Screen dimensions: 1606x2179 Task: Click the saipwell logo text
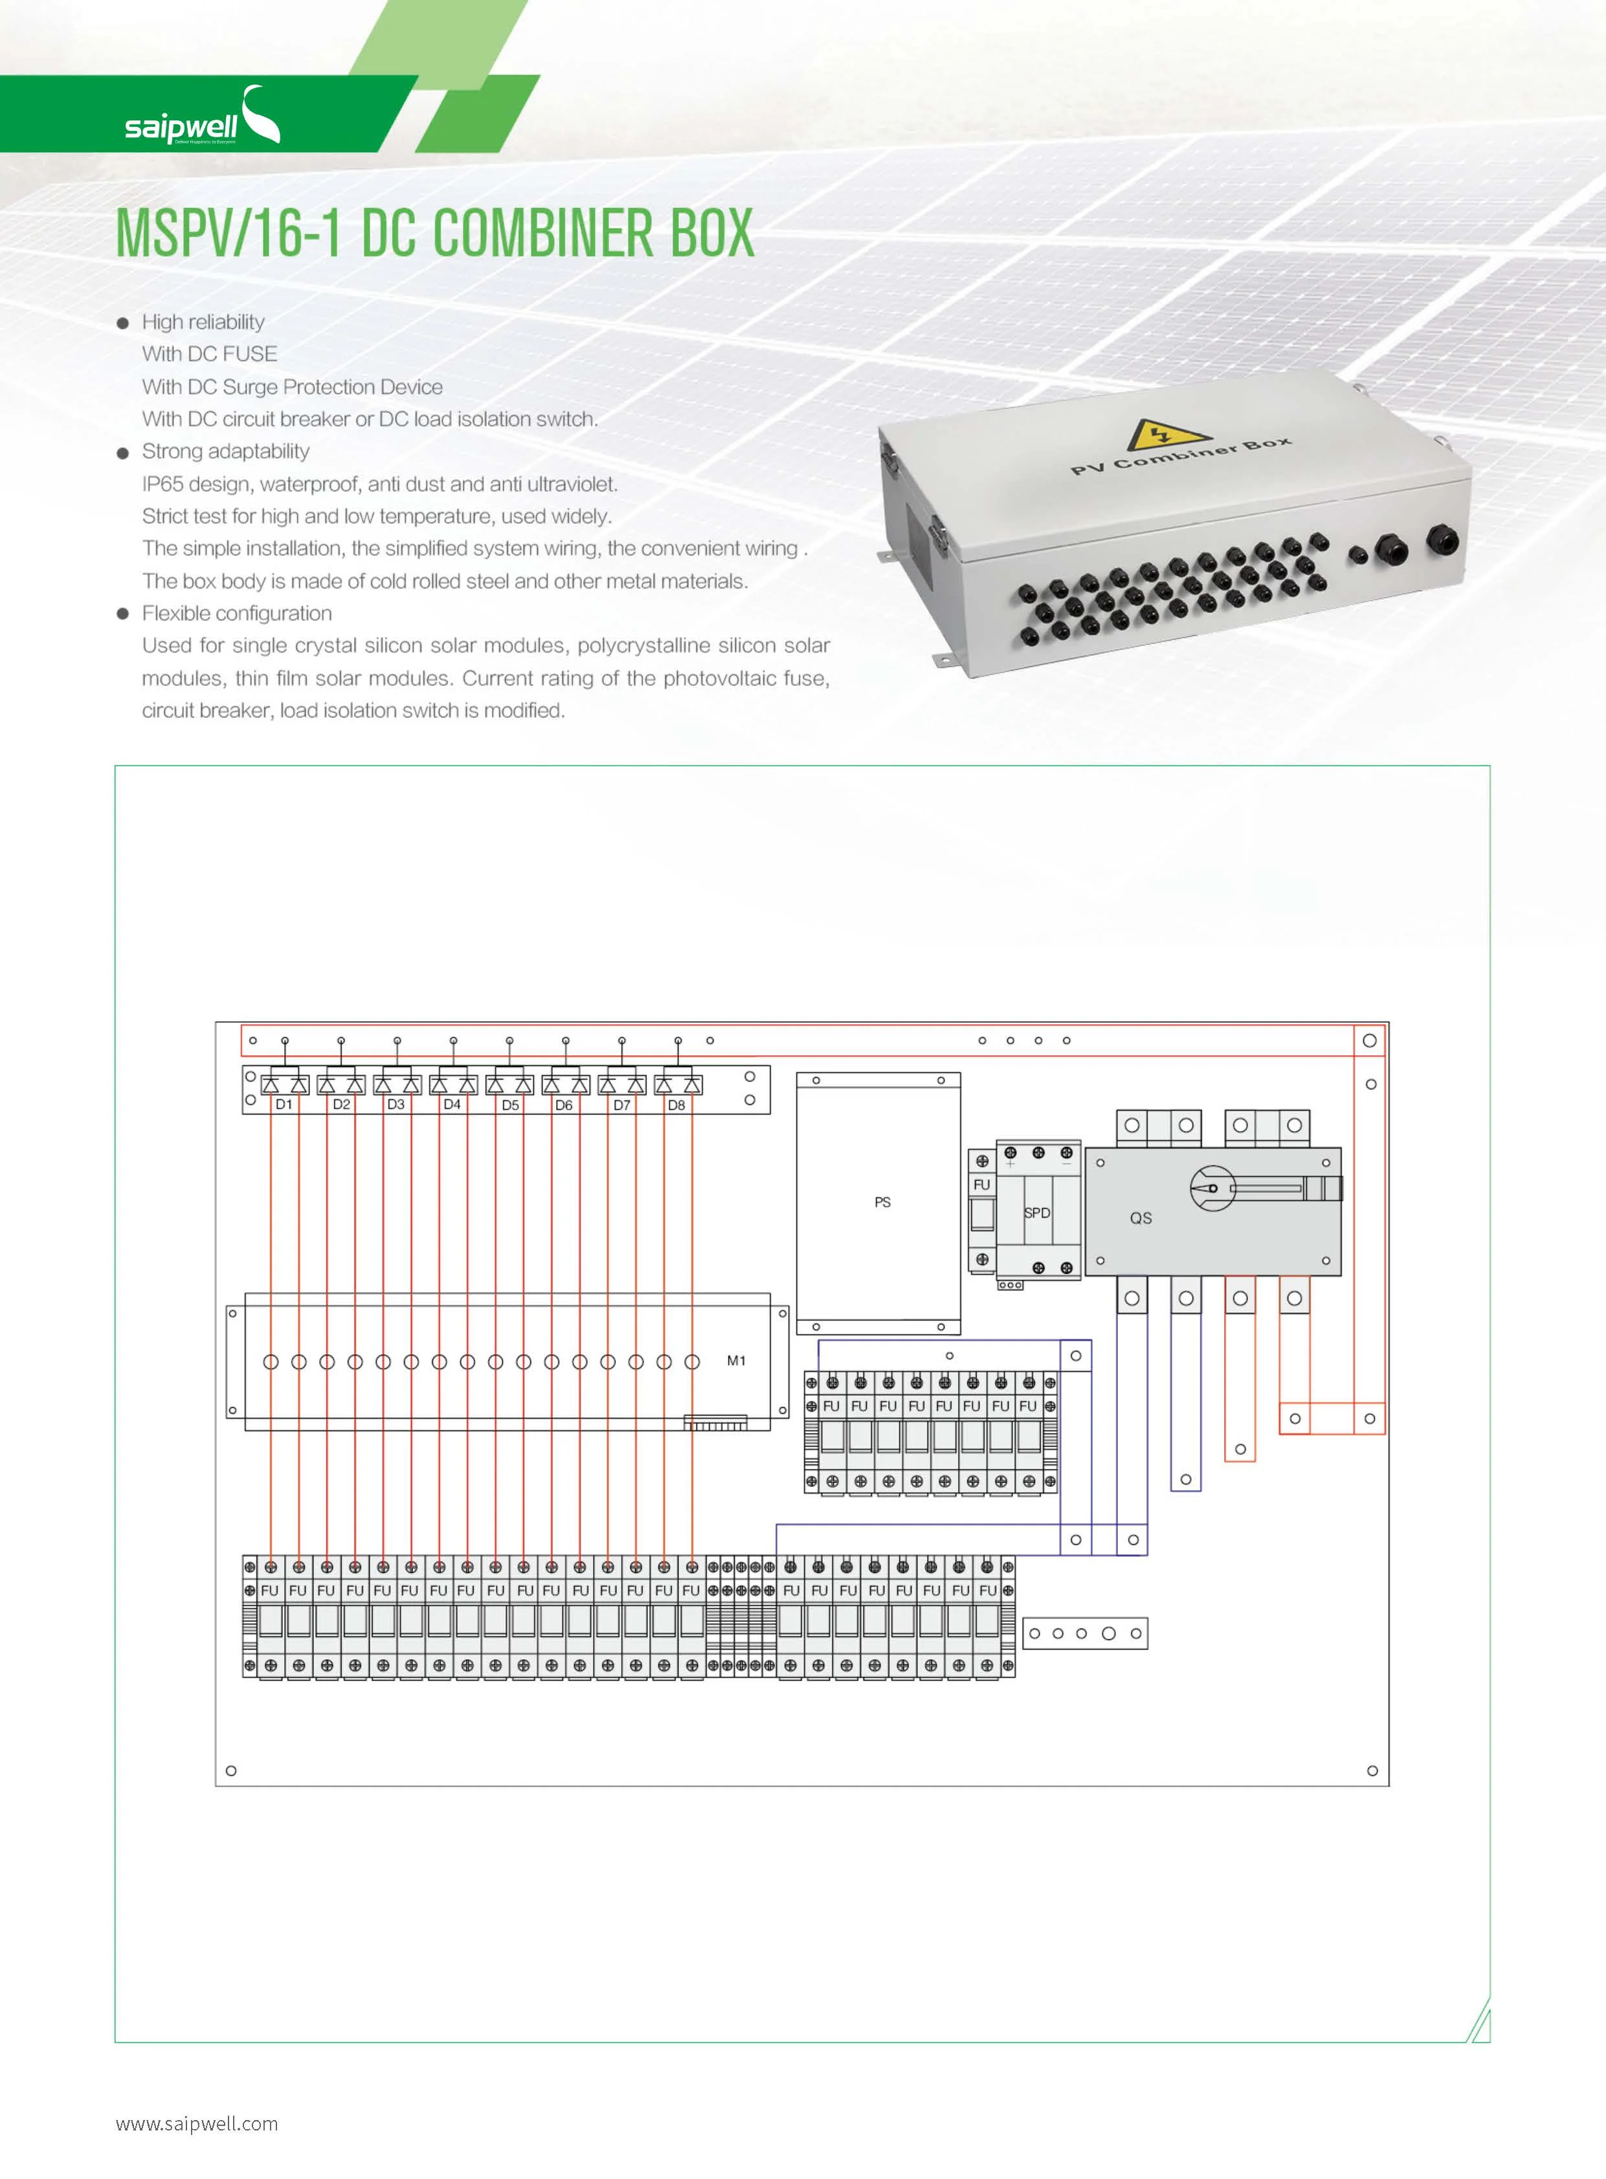coord(181,126)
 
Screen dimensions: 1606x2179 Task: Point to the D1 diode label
coord(284,1104)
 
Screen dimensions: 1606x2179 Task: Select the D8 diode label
coord(676,1104)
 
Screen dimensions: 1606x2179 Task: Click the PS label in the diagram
coord(882,1201)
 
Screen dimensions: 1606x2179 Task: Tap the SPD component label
coord(1037,1212)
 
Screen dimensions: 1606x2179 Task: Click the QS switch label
coord(1141,1218)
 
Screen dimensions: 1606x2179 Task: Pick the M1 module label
coord(736,1360)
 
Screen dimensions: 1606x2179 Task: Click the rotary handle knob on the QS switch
coord(1212,1188)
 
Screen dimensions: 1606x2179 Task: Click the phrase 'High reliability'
coord(203,322)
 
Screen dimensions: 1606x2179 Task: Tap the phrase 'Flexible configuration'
coord(237,612)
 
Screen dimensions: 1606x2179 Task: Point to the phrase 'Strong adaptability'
coord(225,451)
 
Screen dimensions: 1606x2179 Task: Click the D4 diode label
coord(452,1104)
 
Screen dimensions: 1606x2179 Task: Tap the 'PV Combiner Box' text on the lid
coord(1181,456)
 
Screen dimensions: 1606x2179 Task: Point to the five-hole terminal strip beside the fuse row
coord(1085,1633)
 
